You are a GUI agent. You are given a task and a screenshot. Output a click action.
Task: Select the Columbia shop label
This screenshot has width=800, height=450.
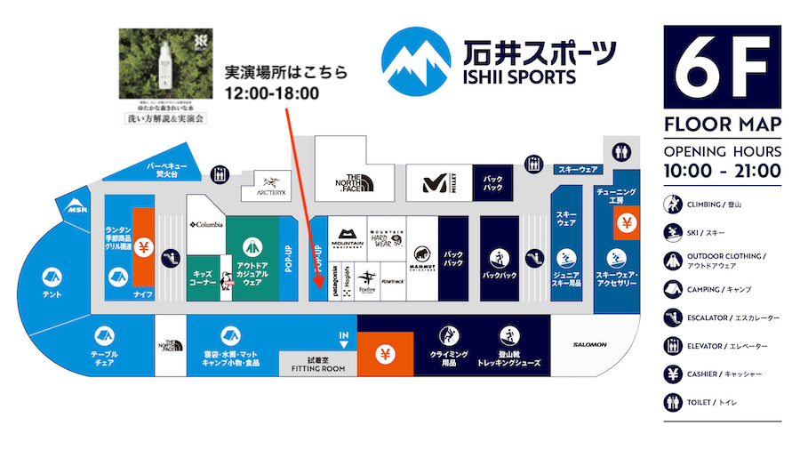(205, 224)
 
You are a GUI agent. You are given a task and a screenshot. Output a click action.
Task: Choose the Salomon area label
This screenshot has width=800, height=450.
(589, 344)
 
